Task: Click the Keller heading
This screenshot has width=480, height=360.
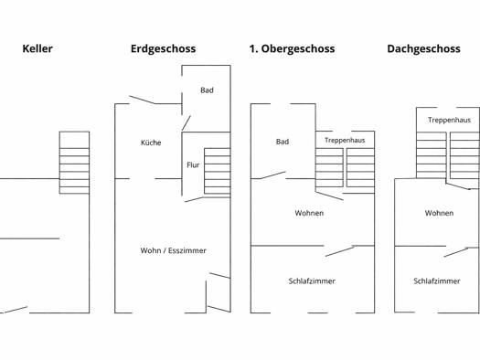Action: (37, 48)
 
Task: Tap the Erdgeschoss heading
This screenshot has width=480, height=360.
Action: (163, 49)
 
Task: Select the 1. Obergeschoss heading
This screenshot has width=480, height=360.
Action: (292, 49)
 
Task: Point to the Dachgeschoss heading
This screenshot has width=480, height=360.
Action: (423, 49)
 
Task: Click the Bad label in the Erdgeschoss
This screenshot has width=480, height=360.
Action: (207, 90)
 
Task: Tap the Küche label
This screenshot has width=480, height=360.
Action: (151, 143)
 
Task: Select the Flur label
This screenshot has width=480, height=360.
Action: (193, 165)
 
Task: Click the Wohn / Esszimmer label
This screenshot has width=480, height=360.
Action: (174, 250)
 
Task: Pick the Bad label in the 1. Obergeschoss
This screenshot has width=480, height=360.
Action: (283, 142)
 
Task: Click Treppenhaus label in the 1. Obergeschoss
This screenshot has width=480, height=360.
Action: (345, 141)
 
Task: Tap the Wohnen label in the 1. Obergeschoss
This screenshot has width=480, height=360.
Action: (309, 213)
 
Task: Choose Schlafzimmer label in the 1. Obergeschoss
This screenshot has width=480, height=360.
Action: (312, 281)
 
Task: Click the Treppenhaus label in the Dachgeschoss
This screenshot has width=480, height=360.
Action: (450, 120)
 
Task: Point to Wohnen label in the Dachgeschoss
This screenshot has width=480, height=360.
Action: (439, 213)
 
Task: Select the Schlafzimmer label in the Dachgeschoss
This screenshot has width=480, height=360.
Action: (437, 281)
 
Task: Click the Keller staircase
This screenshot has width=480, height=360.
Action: (74, 163)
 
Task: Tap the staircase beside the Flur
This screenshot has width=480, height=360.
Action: (218, 171)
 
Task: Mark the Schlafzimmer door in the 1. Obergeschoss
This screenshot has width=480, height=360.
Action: (340, 250)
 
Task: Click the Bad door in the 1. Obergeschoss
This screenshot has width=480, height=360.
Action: (273, 175)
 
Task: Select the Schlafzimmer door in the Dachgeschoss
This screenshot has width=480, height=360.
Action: (456, 251)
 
